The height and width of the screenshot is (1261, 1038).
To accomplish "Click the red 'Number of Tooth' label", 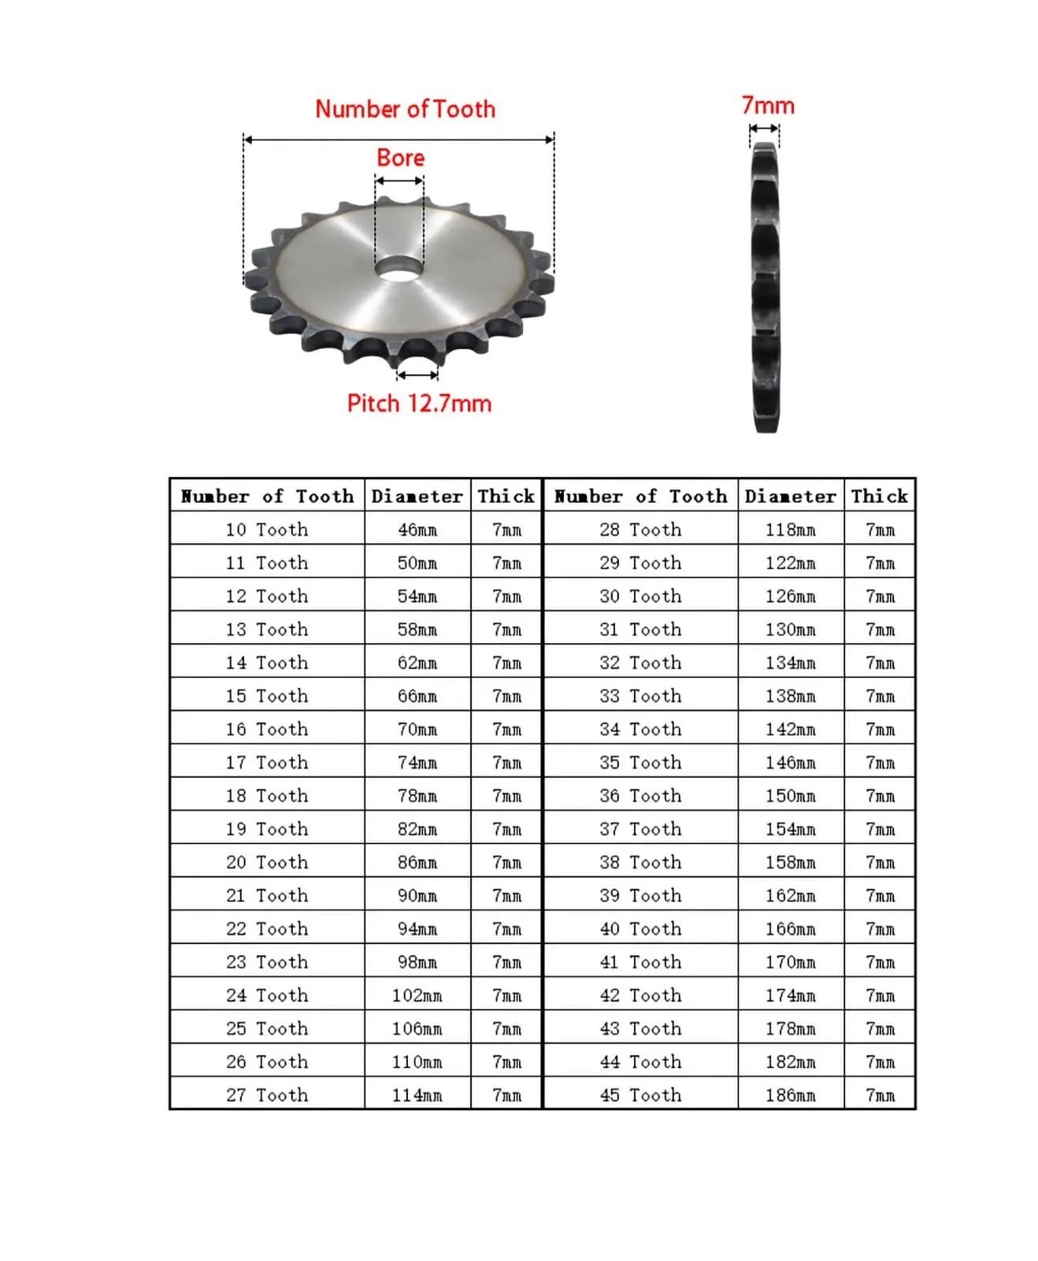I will pyautogui.click(x=405, y=109).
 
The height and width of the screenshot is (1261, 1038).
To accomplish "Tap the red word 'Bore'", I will pyautogui.click(x=400, y=158).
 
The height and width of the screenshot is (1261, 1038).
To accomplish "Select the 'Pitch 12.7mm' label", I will pyautogui.click(x=419, y=404).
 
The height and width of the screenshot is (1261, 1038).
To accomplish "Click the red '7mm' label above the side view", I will pyautogui.click(x=768, y=106).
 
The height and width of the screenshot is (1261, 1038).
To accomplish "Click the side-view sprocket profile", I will pyautogui.click(x=765, y=288).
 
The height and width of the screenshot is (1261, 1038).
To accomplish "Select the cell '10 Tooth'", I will pyautogui.click(x=266, y=530).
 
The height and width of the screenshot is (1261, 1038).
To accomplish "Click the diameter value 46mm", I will pyautogui.click(x=417, y=530).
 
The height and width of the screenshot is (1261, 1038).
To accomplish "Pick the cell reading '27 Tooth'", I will pyautogui.click(x=266, y=1095).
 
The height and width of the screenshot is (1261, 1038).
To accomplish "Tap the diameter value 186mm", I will pyautogui.click(x=790, y=1095).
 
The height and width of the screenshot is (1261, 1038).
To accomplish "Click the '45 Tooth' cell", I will pyautogui.click(x=639, y=1095).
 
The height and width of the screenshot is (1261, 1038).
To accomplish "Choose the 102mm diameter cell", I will pyautogui.click(x=417, y=995).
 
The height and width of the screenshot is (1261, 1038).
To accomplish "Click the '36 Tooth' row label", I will pyautogui.click(x=639, y=796).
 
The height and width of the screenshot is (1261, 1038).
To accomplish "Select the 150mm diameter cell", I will pyautogui.click(x=790, y=796).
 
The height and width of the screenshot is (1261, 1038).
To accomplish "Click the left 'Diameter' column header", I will pyautogui.click(x=417, y=496).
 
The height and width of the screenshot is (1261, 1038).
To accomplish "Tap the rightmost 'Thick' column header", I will pyautogui.click(x=879, y=496).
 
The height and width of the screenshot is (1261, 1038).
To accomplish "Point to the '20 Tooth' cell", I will pyautogui.click(x=266, y=862).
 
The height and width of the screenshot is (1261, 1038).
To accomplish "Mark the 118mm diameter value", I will pyautogui.click(x=790, y=530).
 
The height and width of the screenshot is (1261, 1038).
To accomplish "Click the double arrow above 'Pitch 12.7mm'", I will pyautogui.click(x=417, y=375).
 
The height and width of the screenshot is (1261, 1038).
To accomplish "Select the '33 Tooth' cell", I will pyautogui.click(x=639, y=696).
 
